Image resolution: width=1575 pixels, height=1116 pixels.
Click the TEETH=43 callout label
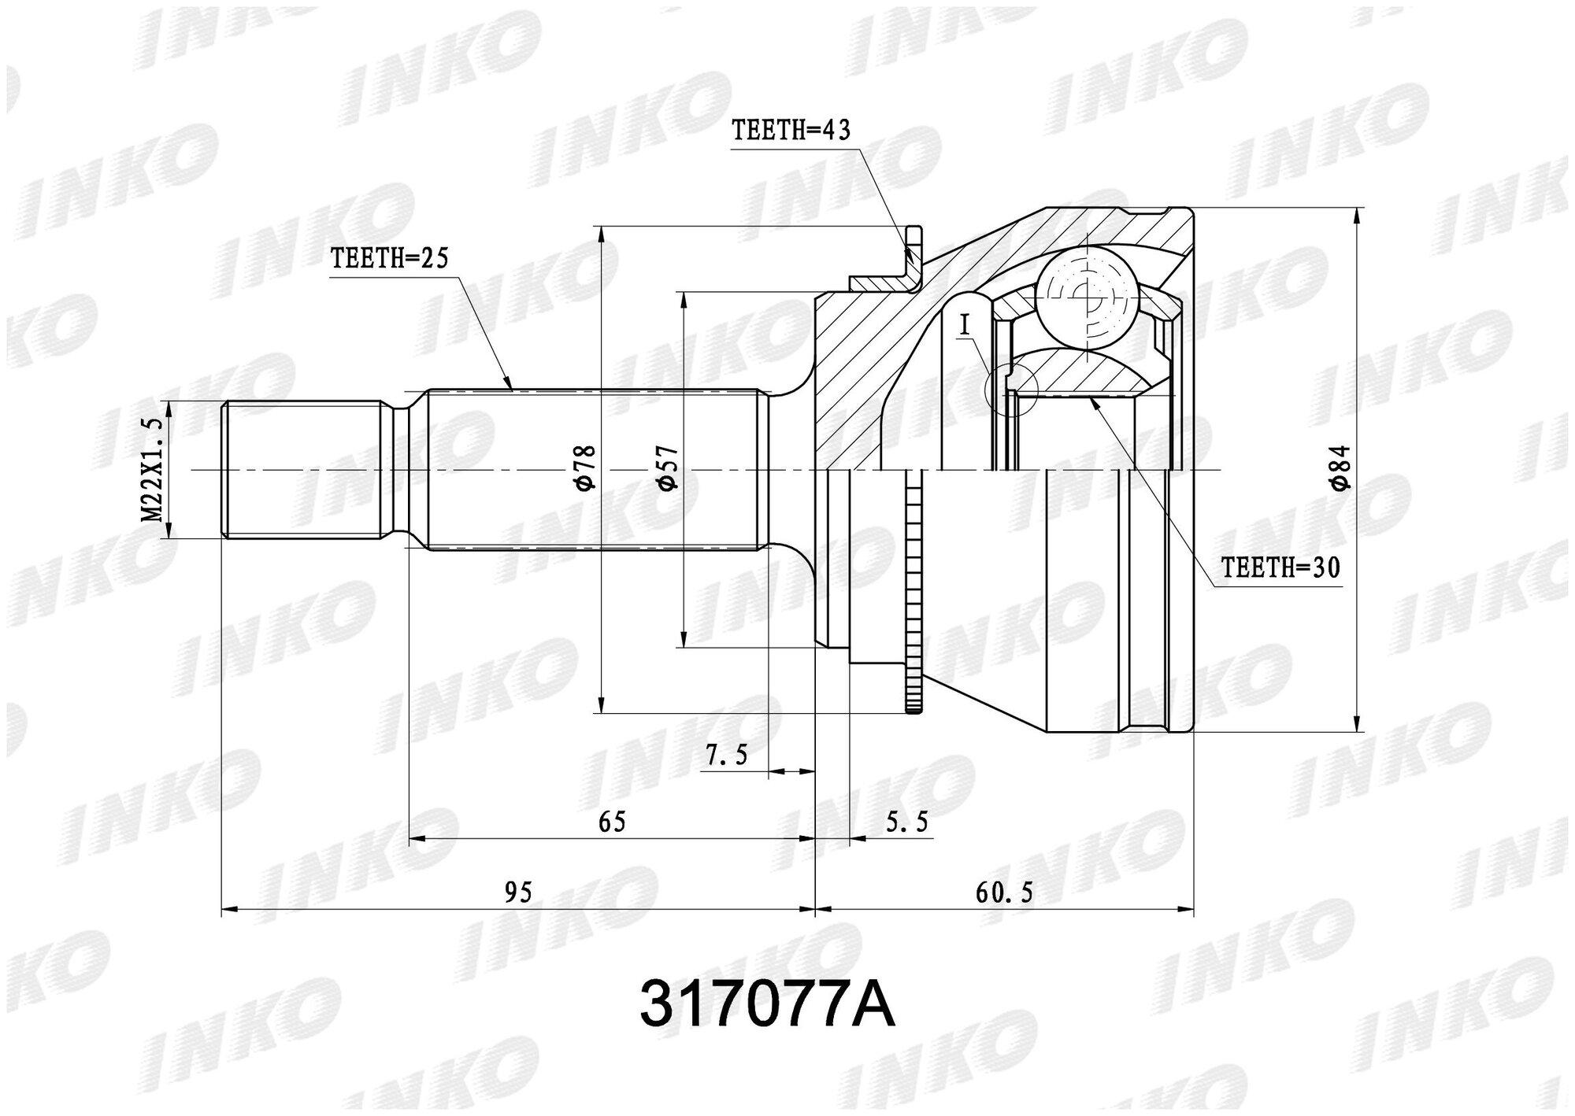pyautogui.click(x=791, y=130)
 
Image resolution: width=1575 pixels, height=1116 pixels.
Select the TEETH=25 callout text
pyautogui.click(x=390, y=259)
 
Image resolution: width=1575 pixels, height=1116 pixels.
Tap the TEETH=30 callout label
pyautogui.click(x=1280, y=568)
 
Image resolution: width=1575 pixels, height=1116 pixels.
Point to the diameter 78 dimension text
pyautogui.click(x=588, y=469)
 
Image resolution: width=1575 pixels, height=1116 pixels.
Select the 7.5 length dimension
pyautogui.click(x=726, y=756)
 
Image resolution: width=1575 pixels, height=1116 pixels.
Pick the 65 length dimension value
pyautogui.click(x=612, y=822)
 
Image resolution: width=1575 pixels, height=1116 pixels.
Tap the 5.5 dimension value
pyautogui.click(x=907, y=823)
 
